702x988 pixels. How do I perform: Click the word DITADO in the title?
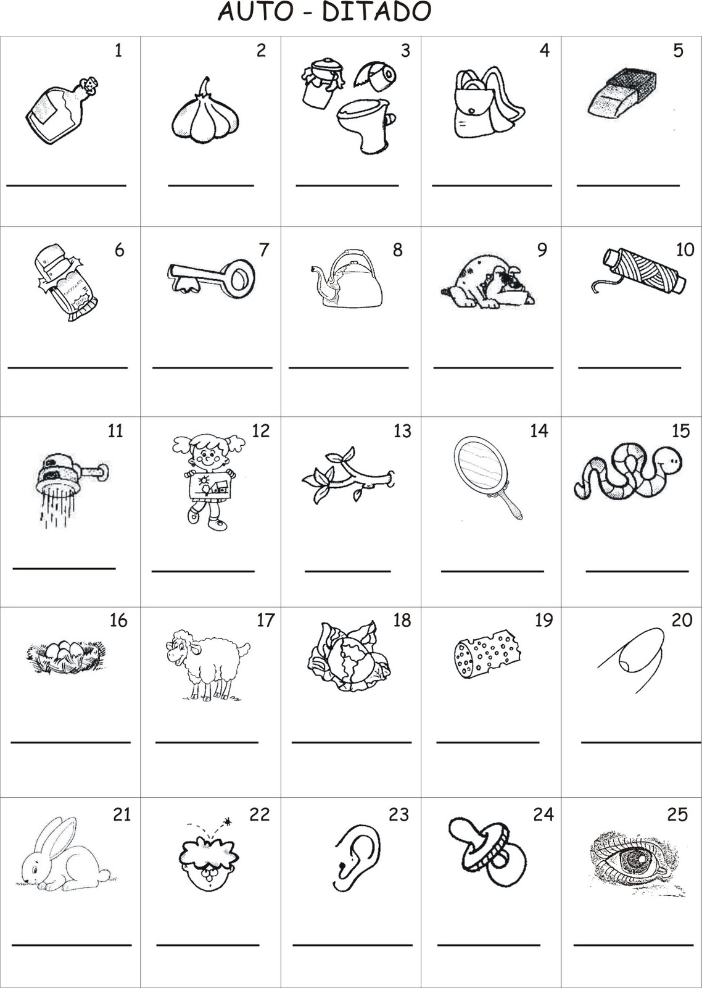[376, 12]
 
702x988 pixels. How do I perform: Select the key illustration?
[210, 278]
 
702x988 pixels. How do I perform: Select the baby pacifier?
[487, 849]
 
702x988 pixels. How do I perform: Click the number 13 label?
[402, 430]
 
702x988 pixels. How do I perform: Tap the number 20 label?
[682, 620]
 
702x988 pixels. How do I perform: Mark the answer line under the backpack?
[492, 185]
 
